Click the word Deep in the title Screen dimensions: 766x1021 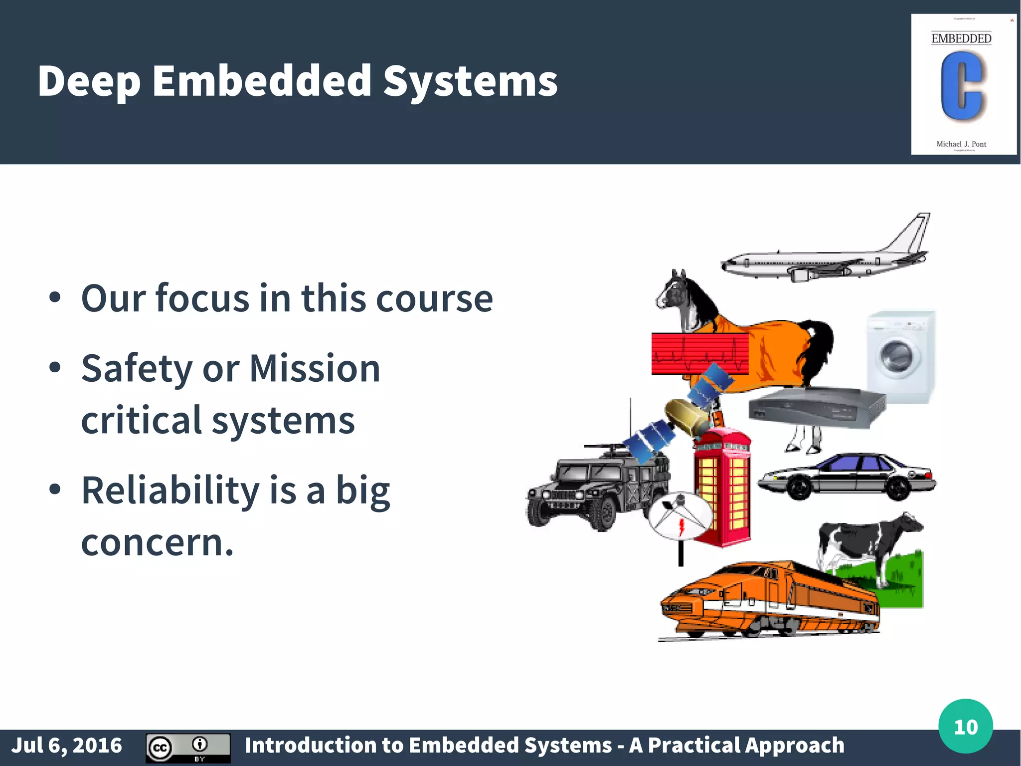[x=89, y=81]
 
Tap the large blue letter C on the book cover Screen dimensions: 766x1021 [x=961, y=86]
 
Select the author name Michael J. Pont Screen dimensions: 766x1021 [x=961, y=144]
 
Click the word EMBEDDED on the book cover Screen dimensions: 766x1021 [x=961, y=38]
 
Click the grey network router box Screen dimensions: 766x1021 [x=815, y=407]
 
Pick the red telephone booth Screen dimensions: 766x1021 [x=723, y=487]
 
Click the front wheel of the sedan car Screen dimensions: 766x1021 [x=799, y=487]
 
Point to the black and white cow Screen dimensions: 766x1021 [x=867, y=544]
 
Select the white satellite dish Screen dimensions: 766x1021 [x=680, y=516]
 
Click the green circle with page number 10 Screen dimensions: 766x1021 [x=965, y=726]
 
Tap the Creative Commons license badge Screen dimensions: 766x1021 [x=187, y=748]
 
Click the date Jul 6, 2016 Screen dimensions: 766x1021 [x=66, y=746]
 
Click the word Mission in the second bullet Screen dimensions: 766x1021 [x=315, y=368]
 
